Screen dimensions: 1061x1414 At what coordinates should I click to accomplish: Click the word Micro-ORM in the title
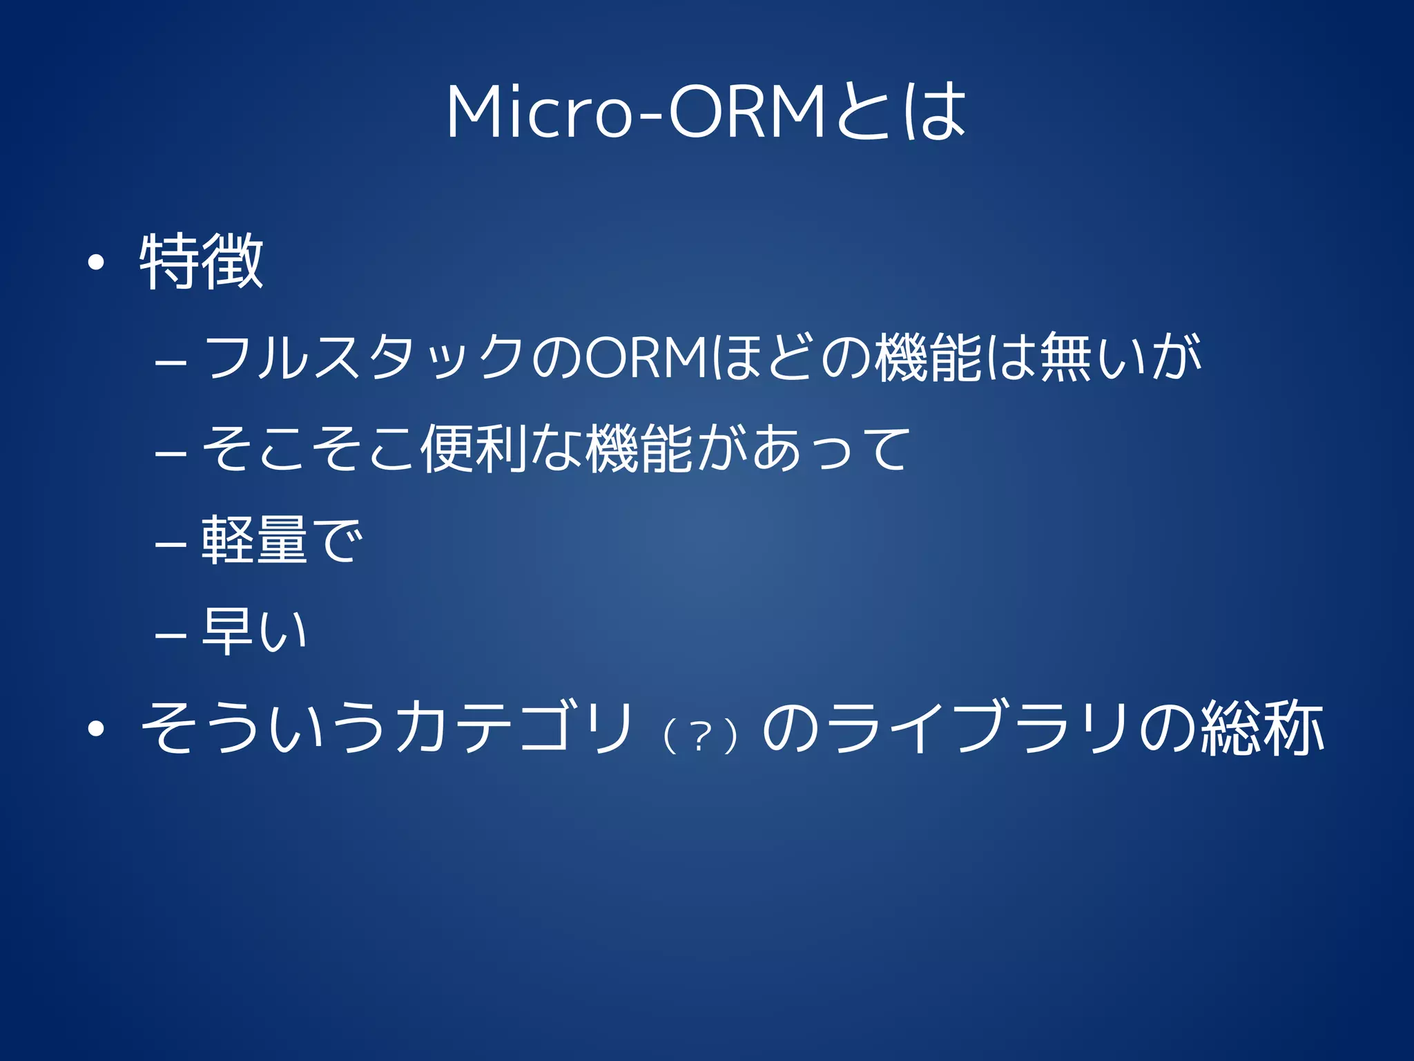click(635, 112)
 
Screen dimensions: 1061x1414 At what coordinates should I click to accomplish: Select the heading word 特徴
click(201, 262)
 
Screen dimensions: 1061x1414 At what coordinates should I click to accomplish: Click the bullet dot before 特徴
click(96, 262)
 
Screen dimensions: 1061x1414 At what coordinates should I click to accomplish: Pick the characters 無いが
click(1120, 357)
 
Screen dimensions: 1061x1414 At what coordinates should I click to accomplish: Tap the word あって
click(831, 449)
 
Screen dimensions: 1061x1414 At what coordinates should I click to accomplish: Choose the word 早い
click(253, 631)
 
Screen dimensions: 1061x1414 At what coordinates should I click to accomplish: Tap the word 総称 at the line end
click(1261, 727)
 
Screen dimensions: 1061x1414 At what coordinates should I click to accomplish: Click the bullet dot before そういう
click(96, 728)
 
